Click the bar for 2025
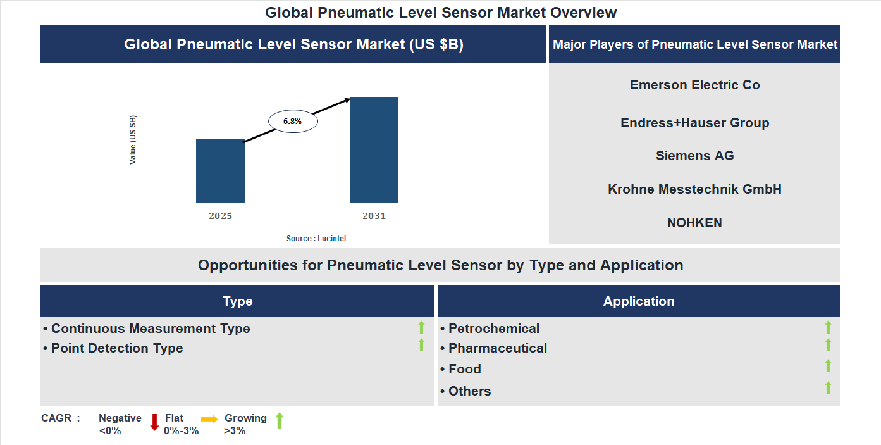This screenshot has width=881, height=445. tap(220, 171)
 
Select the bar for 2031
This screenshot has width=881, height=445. tap(374, 150)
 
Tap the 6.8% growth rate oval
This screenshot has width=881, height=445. tap(293, 120)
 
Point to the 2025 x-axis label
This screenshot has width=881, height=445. tap(220, 216)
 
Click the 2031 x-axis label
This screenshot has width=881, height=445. tap(374, 216)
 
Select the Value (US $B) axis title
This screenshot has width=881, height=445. tap(133, 140)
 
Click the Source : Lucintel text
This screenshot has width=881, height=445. tap(316, 238)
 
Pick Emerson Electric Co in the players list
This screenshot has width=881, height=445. tap(694, 85)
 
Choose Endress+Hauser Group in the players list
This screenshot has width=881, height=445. tap(694, 123)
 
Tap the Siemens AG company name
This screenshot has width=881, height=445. tap(694, 156)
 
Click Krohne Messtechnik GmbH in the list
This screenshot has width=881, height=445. tap(694, 189)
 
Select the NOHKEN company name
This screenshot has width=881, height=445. tap(694, 223)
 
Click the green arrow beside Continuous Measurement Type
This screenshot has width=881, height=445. tap(421, 327)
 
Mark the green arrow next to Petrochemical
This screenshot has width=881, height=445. tap(828, 327)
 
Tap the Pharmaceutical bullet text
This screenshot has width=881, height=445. tap(497, 348)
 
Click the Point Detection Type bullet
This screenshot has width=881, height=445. tap(116, 348)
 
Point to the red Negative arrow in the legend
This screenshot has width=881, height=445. tap(154, 422)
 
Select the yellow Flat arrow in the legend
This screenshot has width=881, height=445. tap(209, 419)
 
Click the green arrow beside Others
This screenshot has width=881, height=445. tap(828, 388)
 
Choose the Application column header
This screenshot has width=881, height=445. tap(638, 301)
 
